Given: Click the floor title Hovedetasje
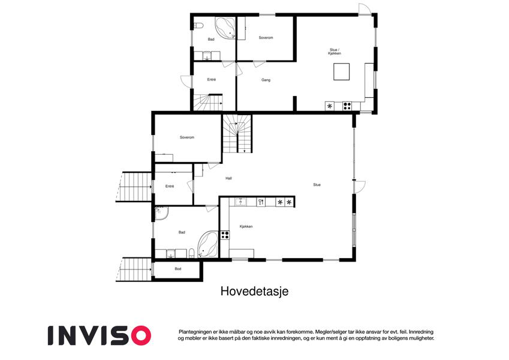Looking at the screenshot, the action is [x=254, y=291].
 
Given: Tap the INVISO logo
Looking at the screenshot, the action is [x=100, y=335].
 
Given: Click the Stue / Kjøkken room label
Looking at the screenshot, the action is [x=335, y=52].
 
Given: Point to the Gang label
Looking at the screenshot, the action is [x=266, y=80].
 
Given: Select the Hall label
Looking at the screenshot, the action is [x=229, y=178].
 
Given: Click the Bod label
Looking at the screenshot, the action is [x=178, y=269].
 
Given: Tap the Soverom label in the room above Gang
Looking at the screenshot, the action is [x=266, y=38].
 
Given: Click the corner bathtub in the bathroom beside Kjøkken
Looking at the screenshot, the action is [x=208, y=244].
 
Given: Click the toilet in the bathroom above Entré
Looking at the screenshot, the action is [x=198, y=25].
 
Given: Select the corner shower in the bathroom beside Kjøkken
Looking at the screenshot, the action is [x=161, y=214].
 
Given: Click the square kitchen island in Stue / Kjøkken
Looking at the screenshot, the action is [x=342, y=72].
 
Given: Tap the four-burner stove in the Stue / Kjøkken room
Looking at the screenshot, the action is [x=347, y=106].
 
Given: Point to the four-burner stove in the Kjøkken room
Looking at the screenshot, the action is [x=225, y=235].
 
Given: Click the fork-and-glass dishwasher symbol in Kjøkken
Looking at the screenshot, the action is [x=261, y=202].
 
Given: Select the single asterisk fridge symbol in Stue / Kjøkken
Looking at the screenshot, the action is [x=330, y=106].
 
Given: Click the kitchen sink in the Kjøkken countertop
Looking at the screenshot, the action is [x=240, y=202].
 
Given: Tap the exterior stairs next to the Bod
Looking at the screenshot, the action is [x=135, y=269].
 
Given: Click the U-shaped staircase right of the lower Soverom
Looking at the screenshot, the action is [x=237, y=133].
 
